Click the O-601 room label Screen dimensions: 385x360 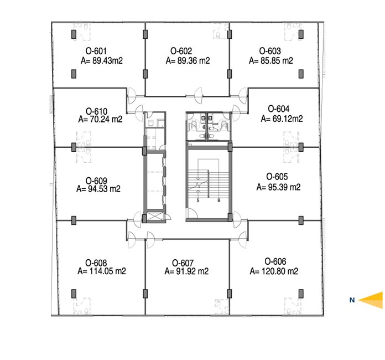tap(96, 51)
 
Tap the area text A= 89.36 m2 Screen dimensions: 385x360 tap(188, 60)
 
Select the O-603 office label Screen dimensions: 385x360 tap(270, 51)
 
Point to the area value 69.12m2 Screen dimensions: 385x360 tap(287, 119)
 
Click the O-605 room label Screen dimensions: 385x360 tap(277, 177)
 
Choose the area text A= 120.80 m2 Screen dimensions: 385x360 tap(274, 271)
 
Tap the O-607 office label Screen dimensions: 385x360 tap(183, 263)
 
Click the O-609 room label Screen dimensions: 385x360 tap(96, 181)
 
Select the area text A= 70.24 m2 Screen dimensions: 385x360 tap(100, 119)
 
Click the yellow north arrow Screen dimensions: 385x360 tap(371, 300)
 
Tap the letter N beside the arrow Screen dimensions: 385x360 tap(352, 300)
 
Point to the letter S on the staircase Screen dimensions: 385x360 tap(198, 200)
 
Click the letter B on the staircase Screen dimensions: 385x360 tap(218, 200)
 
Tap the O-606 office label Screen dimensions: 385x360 tap(275, 261)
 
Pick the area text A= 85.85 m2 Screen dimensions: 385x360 tap(271, 60)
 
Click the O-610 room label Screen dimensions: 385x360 tap(96, 111)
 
